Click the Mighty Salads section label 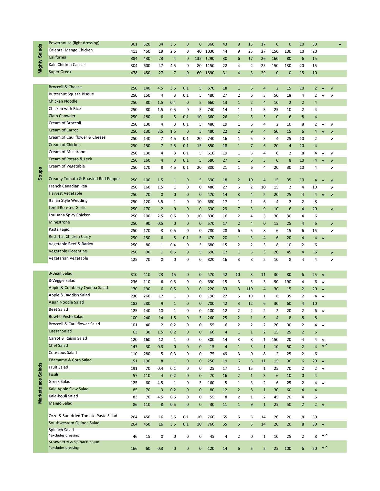[40, 59]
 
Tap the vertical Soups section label [40, 174]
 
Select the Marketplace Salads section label [40, 383]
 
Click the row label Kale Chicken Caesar [67, 65]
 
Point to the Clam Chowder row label [62, 116]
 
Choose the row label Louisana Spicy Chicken [69, 215]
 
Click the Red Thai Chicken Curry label [70, 237]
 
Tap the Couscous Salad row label [62, 353]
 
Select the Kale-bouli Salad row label [63, 396]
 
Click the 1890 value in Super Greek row [210, 73]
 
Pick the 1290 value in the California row [210, 59]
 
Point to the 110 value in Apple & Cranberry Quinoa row [249, 289]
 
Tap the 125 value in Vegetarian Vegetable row [134, 260]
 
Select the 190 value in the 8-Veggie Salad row [288, 282]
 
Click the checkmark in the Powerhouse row [340, 44]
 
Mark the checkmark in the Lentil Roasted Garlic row [332, 209]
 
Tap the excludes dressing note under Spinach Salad [64, 436]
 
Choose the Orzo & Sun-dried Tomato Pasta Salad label [83, 416]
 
